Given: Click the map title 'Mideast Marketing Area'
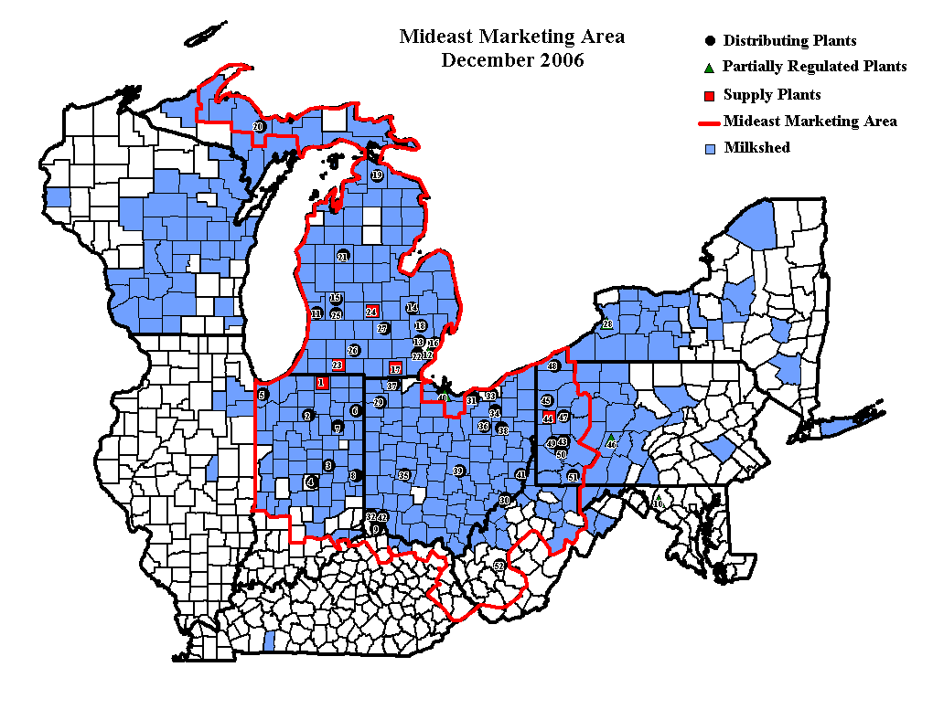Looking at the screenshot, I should (512, 37).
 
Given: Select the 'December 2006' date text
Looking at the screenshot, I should (512, 60).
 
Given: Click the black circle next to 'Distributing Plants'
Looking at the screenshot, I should (710, 41).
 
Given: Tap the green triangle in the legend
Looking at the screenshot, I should (710, 67).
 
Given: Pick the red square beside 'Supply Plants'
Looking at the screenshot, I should (710, 95).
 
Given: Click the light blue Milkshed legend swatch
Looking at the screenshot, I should (710, 148).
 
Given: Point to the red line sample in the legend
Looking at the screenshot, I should (709, 122).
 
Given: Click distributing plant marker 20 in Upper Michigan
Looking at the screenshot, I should (258, 127).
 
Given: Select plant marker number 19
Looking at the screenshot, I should (377, 175).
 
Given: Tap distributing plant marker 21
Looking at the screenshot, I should (343, 257).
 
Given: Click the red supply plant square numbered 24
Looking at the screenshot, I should (371, 312).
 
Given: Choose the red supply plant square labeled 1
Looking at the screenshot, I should (321, 383).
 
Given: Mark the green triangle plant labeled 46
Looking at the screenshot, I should (611, 443).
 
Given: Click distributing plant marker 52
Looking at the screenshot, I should (499, 566).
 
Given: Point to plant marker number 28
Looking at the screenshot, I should (606, 324).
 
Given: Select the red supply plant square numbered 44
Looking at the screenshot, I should (548, 418).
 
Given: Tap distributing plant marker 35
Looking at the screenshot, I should (402, 475).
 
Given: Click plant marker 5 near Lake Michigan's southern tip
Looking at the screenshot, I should (263, 395).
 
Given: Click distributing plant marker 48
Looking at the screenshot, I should (552, 366).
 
